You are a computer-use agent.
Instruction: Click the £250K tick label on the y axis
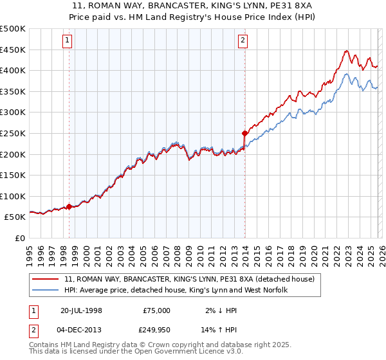tap(13, 133)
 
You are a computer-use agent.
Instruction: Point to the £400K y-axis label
tap(13, 70)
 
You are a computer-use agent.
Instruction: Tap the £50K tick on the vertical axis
tap(15, 217)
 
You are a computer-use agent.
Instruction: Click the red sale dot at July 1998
tap(69, 207)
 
